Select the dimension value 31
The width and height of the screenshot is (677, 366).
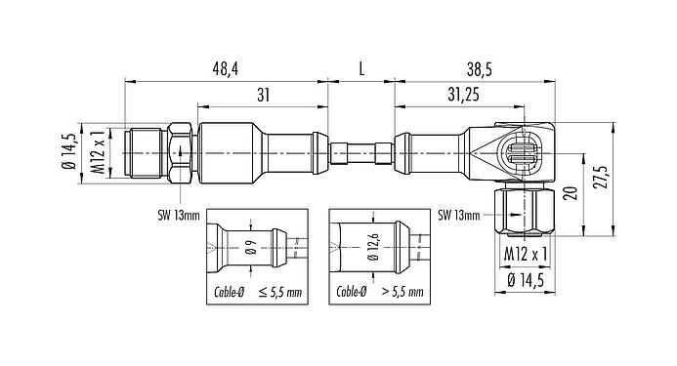[263, 93]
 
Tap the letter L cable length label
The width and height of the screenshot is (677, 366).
[361, 69]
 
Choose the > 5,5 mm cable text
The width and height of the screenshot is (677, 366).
[402, 292]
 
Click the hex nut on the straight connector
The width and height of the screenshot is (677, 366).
[180, 151]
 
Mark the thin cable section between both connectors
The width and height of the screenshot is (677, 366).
[362, 151]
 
